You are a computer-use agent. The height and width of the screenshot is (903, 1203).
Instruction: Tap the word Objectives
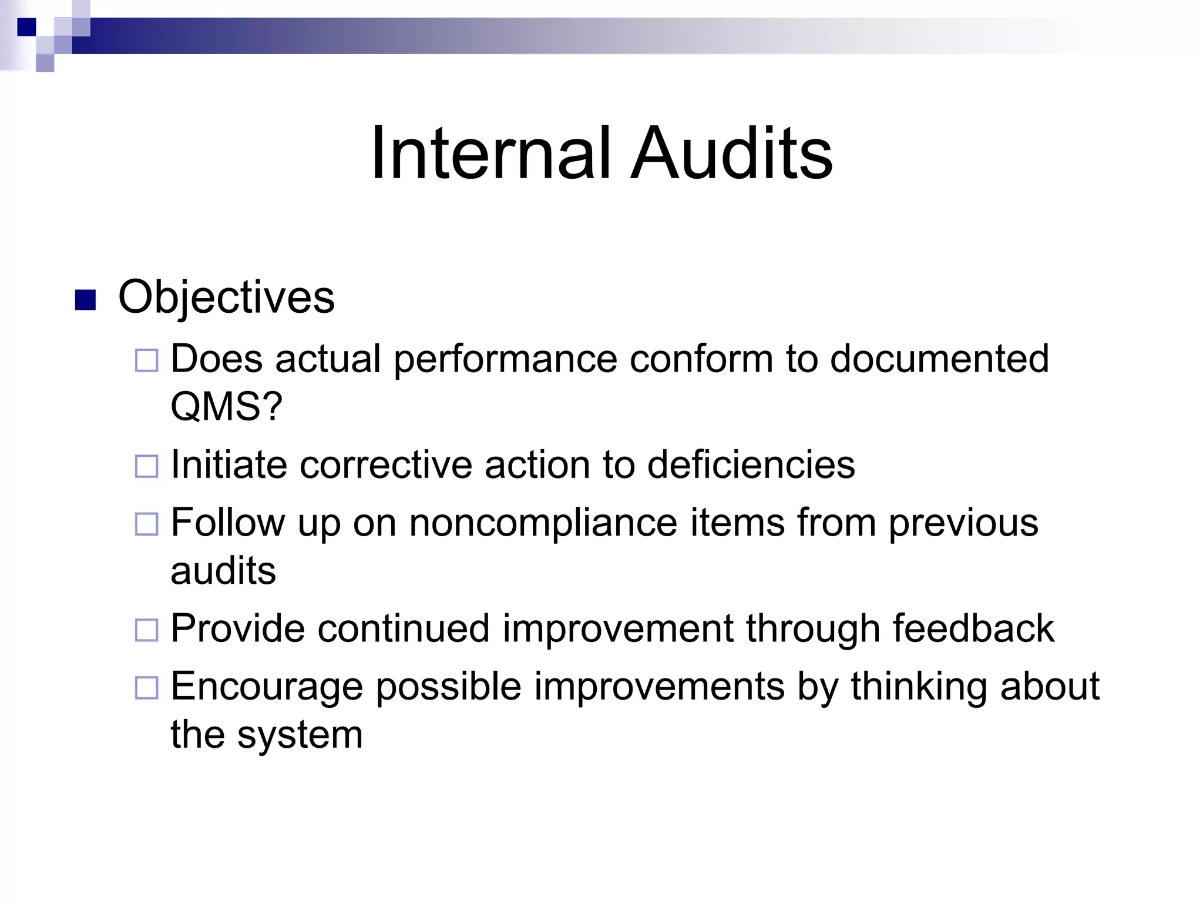coord(226,297)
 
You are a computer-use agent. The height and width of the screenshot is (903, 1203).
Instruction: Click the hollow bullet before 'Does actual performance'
coord(146,360)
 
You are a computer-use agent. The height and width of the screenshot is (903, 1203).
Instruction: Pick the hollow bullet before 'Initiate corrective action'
coord(146,466)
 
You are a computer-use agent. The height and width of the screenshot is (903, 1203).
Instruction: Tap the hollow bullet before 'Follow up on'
coord(146,524)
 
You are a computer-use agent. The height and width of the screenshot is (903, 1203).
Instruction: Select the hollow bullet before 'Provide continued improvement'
coord(146,630)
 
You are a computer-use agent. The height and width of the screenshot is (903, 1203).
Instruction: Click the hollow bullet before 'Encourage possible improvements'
coord(146,687)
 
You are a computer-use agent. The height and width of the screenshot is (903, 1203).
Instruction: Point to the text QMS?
coord(226,406)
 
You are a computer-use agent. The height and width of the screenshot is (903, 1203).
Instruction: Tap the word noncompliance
coord(543,523)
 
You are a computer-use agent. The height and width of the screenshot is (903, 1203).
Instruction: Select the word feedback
coord(973,628)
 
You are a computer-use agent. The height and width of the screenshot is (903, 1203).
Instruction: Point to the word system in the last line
coord(300,735)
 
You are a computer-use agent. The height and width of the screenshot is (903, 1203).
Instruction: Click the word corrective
coord(386,464)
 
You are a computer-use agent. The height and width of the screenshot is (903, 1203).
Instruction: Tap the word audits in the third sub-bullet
coord(223,571)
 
